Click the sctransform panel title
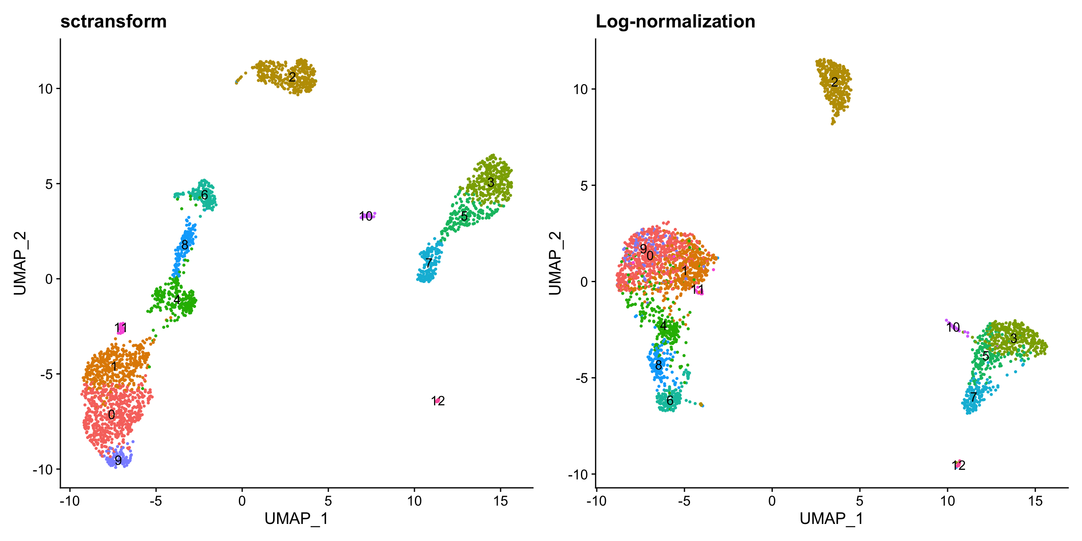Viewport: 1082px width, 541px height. (x=114, y=21)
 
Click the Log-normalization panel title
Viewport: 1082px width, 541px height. (x=675, y=21)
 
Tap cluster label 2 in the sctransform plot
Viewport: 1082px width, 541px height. (x=292, y=77)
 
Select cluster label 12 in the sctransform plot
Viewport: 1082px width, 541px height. (x=438, y=401)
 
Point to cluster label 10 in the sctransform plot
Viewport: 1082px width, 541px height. (x=366, y=216)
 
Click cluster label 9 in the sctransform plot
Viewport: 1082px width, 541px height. (x=119, y=460)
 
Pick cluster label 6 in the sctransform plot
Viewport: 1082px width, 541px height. (x=204, y=195)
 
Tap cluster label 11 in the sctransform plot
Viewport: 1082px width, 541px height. (x=121, y=328)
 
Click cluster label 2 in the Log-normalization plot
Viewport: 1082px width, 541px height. (x=835, y=82)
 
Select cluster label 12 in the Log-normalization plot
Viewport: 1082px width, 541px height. (x=958, y=465)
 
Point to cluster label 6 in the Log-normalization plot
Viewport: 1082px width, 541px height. (x=670, y=400)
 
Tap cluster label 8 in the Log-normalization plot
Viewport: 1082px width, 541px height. (x=658, y=365)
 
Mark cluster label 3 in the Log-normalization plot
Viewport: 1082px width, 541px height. (x=1013, y=338)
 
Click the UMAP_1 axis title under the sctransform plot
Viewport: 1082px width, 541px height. (x=296, y=519)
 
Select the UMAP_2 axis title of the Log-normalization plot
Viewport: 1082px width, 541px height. (x=555, y=263)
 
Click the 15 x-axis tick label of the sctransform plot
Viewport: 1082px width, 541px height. (x=501, y=501)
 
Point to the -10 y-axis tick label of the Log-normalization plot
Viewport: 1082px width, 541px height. (x=578, y=475)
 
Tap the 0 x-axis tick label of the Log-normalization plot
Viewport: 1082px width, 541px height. (x=772, y=501)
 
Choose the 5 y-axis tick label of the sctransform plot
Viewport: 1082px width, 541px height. (x=50, y=184)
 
